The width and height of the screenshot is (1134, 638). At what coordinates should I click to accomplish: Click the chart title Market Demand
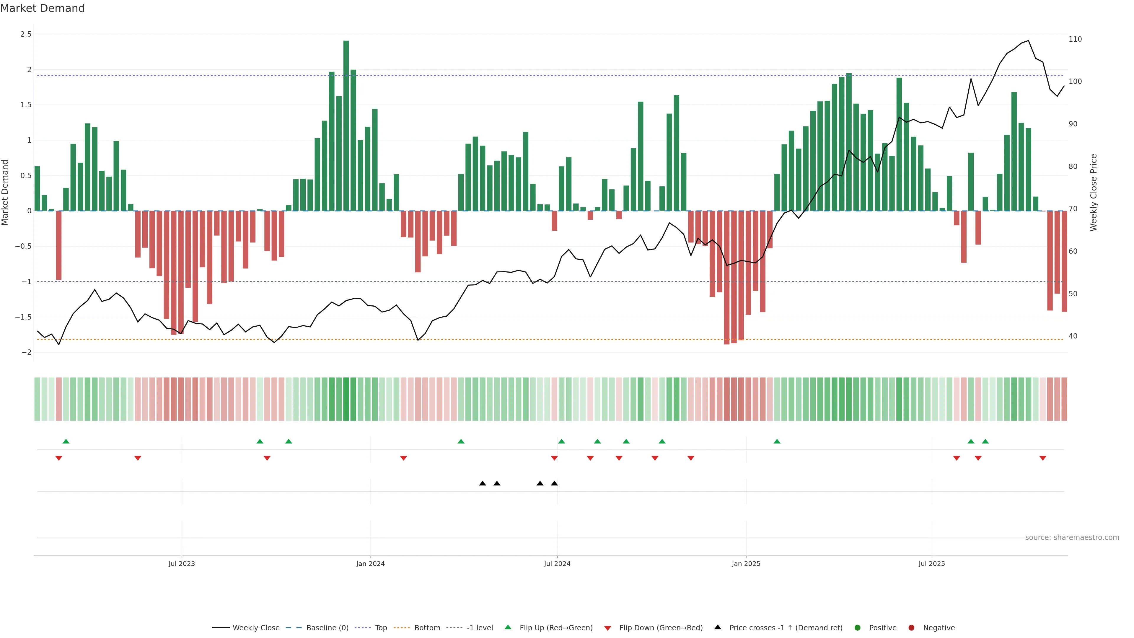[x=42, y=8]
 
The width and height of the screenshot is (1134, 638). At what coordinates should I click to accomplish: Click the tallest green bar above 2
[x=346, y=126]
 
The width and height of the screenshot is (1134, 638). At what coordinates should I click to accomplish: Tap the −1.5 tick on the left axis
[x=23, y=317]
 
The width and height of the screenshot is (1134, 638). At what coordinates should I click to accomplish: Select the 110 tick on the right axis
[x=1075, y=39]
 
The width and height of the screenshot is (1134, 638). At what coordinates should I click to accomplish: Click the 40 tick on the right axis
[x=1073, y=336]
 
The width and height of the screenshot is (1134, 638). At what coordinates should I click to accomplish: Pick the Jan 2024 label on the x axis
[x=370, y=564]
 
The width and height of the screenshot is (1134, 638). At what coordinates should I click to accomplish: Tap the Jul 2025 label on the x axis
[x=931, y=564]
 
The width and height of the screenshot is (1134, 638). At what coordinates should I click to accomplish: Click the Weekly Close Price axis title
[x=1094, y=192]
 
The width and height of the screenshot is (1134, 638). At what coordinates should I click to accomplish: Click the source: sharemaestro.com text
[x=1072, y=538]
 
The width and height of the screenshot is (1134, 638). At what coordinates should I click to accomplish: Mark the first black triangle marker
[x=483, y=484]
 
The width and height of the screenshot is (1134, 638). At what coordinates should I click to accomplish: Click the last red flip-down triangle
[x=1042, y=458]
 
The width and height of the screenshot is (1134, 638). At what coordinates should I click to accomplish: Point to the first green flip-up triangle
[x=66, y=441]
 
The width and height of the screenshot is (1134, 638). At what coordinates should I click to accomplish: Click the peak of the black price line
[x=1028, y=40]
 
